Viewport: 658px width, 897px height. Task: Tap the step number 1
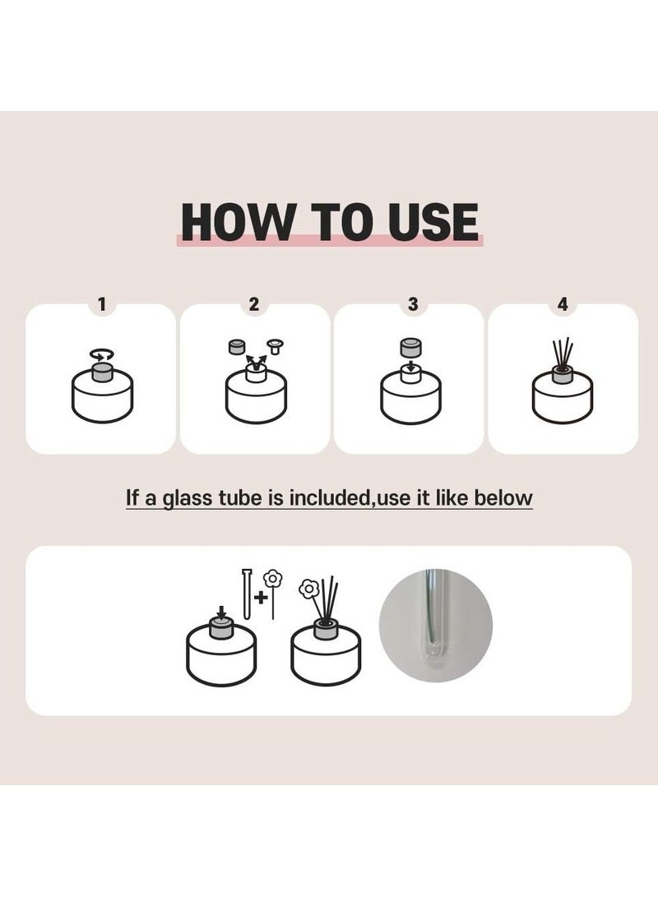[x=102, y=304]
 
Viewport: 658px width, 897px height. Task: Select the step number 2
[x=254, y=304]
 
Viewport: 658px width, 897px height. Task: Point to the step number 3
[x=413, y=304]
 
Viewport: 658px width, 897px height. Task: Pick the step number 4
[x=563, y=304]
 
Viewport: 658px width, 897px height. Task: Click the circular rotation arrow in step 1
[x=103, y=355]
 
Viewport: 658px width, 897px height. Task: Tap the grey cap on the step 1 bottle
[x=103, y=373]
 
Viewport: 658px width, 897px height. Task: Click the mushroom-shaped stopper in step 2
[x=276, y=345]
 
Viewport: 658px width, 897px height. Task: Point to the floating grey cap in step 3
[x=409, y=348]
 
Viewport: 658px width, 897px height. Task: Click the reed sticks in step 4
[x=563, y=354]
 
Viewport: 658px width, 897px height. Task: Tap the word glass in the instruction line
[x=187, y=498]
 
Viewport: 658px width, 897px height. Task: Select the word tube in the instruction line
[x=240, y=497]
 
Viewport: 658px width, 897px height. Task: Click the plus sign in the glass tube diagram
[x=261, y=598]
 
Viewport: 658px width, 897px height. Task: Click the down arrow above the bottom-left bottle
[x=222, y=613]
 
